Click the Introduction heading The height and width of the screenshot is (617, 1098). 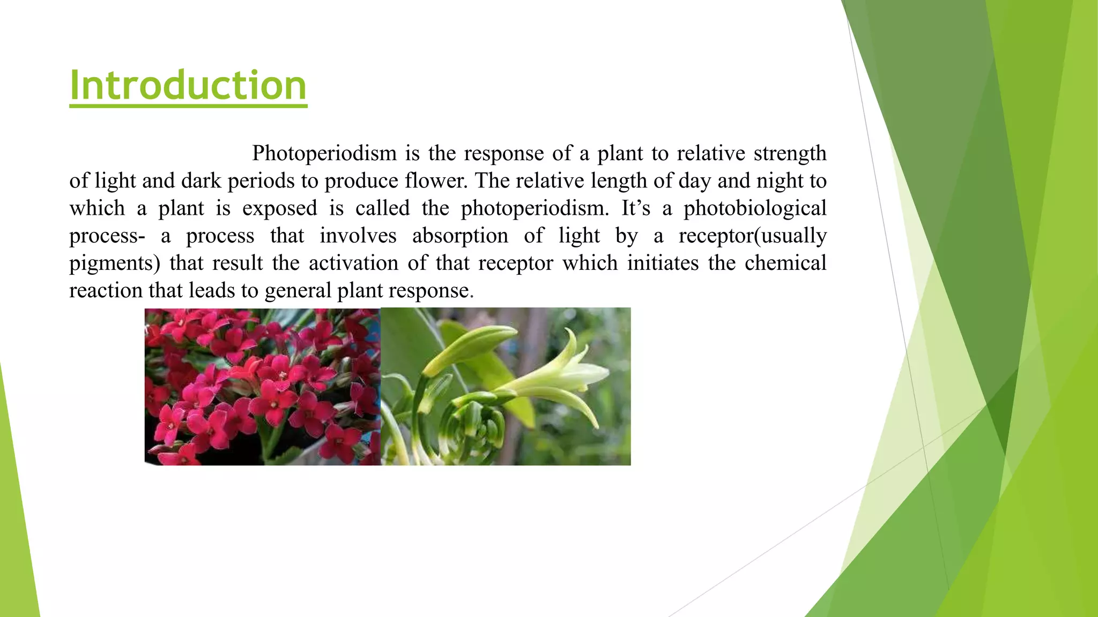coord(188,86)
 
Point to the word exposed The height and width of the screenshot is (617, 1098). coord(279,208)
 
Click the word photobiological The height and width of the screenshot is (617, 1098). coord(754,208)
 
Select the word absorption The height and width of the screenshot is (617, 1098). coord(459,236)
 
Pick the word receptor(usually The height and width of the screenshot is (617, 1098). coord(752,236)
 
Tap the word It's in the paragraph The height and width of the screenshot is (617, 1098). coord(636,208)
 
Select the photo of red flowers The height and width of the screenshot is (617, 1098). coord(262,386)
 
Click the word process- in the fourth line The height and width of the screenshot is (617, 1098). coord(107,236)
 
